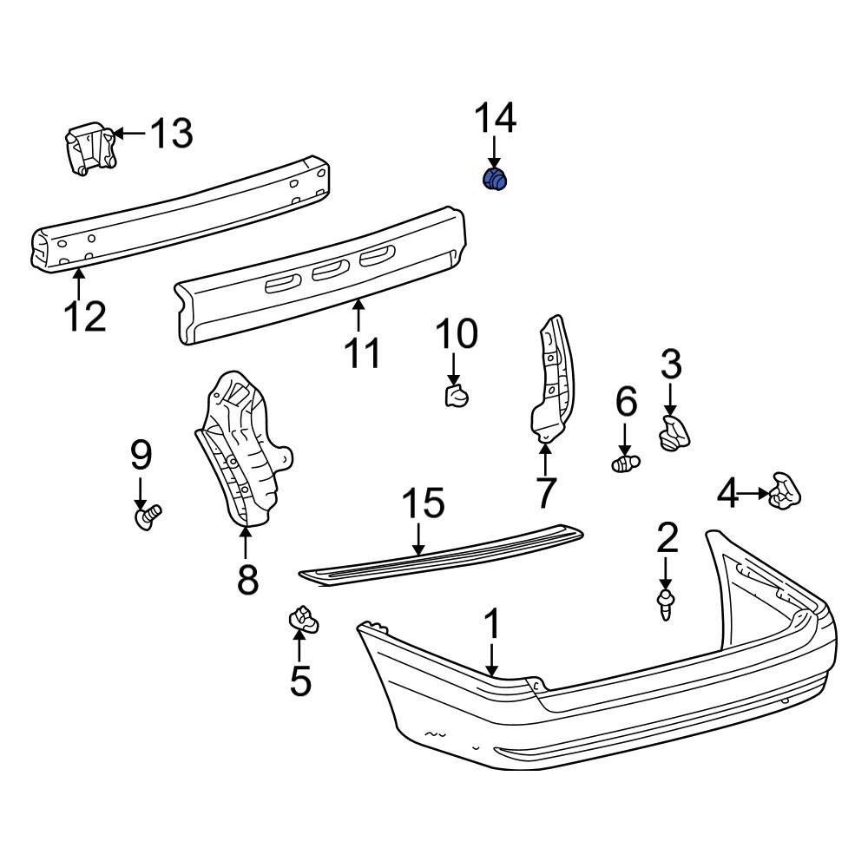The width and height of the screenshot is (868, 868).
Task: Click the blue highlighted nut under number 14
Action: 495,180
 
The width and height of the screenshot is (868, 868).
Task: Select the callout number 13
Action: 171,133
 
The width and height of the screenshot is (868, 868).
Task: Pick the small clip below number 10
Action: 456,397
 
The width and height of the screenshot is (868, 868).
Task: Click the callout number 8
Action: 247,579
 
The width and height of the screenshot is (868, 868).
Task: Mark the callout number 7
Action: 544,492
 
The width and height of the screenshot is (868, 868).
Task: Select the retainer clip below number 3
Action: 674,432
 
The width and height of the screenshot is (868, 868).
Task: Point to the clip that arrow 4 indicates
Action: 785,492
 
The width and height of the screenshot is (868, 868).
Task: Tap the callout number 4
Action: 727,494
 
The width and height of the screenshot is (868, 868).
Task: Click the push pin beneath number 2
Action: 666,604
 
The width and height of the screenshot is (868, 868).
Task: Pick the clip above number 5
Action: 302,619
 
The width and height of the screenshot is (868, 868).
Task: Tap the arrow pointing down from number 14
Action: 494,152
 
